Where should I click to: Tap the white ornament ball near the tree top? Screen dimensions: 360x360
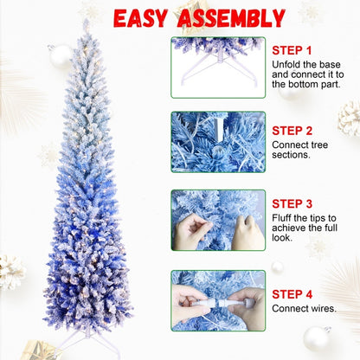click(61, 56)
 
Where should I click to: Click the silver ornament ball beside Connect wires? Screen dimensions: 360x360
click(317, 338)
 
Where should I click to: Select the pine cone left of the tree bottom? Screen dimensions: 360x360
click(11, 271)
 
